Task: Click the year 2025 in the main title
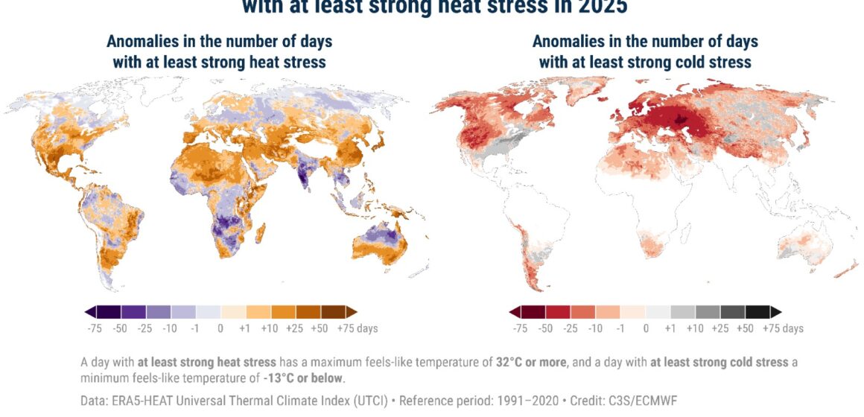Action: (600, 7)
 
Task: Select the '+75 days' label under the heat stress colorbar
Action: (357, 328)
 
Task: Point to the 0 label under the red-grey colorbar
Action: (646, 328)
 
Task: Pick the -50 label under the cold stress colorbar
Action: (546, 328)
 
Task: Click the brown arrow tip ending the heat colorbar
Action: (352, 311)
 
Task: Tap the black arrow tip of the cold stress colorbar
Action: (776, 311)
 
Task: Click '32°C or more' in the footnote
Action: (530, 363)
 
